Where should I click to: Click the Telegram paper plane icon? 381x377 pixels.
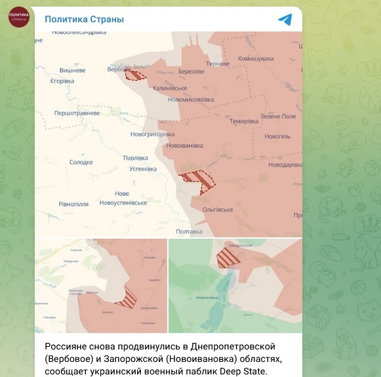(285, 19)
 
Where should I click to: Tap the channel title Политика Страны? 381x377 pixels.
(84, 19)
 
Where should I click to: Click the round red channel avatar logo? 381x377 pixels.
(18, 18)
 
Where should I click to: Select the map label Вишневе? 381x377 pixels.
(73, 70)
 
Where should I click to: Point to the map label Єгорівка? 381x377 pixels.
(62, 81)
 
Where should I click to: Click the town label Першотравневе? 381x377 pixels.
(77, 113)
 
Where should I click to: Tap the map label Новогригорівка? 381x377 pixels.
(152, 134)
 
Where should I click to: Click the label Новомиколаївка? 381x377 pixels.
(191, 100)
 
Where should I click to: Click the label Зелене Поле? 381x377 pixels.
(278, 116)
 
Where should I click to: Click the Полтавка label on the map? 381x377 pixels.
(190, 231)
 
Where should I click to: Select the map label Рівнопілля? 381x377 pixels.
(73, 204)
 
